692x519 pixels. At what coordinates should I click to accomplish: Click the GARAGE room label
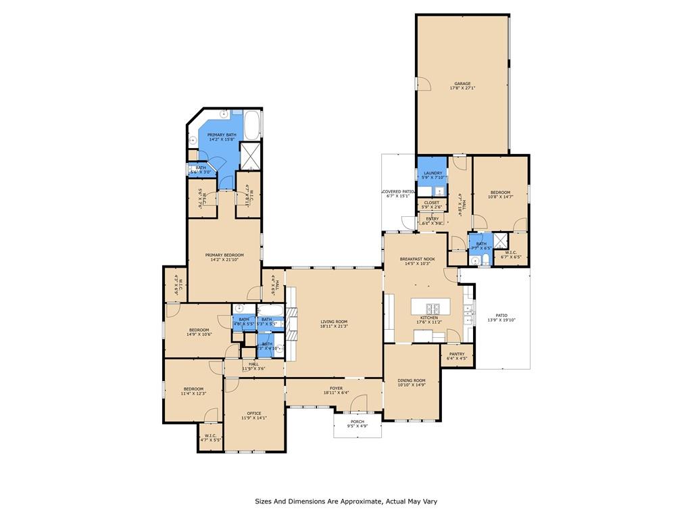coord(462,84)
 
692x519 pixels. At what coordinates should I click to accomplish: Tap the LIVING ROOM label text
coord(334,322)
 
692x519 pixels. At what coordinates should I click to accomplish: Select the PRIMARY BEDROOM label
coord(224,255)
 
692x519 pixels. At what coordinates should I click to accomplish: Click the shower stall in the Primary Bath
coord(250,156)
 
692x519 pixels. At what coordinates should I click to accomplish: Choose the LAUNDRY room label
coord(432,173)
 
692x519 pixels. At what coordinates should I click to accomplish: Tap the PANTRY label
coord(457,353)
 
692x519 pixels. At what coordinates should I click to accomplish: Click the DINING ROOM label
coord(412,380)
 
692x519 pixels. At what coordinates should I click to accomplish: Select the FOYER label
coord(336,389)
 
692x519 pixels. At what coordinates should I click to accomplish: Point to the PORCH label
coord(357,422)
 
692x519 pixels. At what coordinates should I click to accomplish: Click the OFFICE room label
coord(254,413)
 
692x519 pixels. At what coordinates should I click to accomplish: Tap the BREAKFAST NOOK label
coord(417,259)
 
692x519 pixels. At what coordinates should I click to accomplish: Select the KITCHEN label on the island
coord(429,318)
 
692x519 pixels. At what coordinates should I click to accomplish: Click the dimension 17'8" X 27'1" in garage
coord(462,89)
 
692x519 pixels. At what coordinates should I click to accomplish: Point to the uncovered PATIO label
coord(501,315)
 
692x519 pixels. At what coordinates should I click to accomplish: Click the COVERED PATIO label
coord(398,192)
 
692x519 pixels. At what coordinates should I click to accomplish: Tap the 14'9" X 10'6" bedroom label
coord(199,332)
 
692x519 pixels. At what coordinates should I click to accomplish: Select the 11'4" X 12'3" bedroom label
coord(193,391)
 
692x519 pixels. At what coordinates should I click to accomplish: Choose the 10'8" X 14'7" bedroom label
coord(500,195)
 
